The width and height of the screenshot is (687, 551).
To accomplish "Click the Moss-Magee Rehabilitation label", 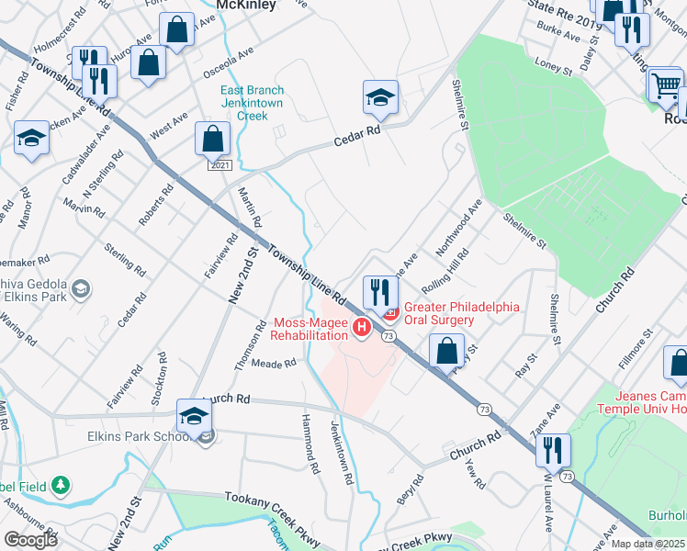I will point(314,329).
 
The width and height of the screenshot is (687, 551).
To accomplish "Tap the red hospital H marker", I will point(363,326).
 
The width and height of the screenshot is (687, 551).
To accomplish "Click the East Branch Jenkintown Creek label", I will point(252,103).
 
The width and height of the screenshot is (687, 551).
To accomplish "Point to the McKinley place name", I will point(245,6).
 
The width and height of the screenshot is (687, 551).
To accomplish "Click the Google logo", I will point(29,539).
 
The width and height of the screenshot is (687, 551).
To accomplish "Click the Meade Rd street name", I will point(274,364).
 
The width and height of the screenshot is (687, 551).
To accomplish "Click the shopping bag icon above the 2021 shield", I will point(212,140).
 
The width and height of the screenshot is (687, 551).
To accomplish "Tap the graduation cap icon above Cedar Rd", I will point(380,96).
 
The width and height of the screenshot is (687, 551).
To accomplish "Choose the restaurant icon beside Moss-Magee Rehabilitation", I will point(379,292).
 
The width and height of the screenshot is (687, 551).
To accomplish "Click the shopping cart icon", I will point(665,85).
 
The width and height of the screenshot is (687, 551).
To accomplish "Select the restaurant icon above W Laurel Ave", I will point(553,450).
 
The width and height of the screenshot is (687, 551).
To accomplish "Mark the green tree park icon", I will point(61,484).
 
